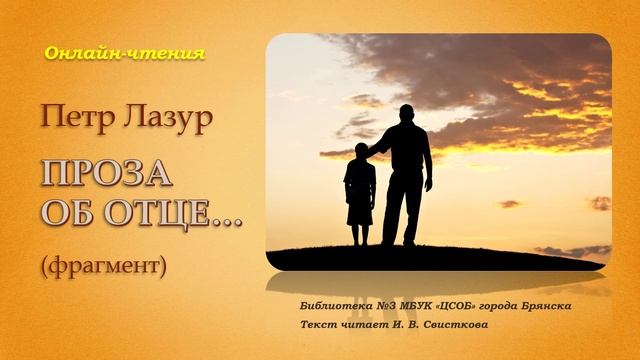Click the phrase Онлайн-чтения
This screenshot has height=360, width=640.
124,54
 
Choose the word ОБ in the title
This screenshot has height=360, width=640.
64,211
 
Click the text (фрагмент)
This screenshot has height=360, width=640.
103,266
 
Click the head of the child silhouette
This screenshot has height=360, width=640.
360,150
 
